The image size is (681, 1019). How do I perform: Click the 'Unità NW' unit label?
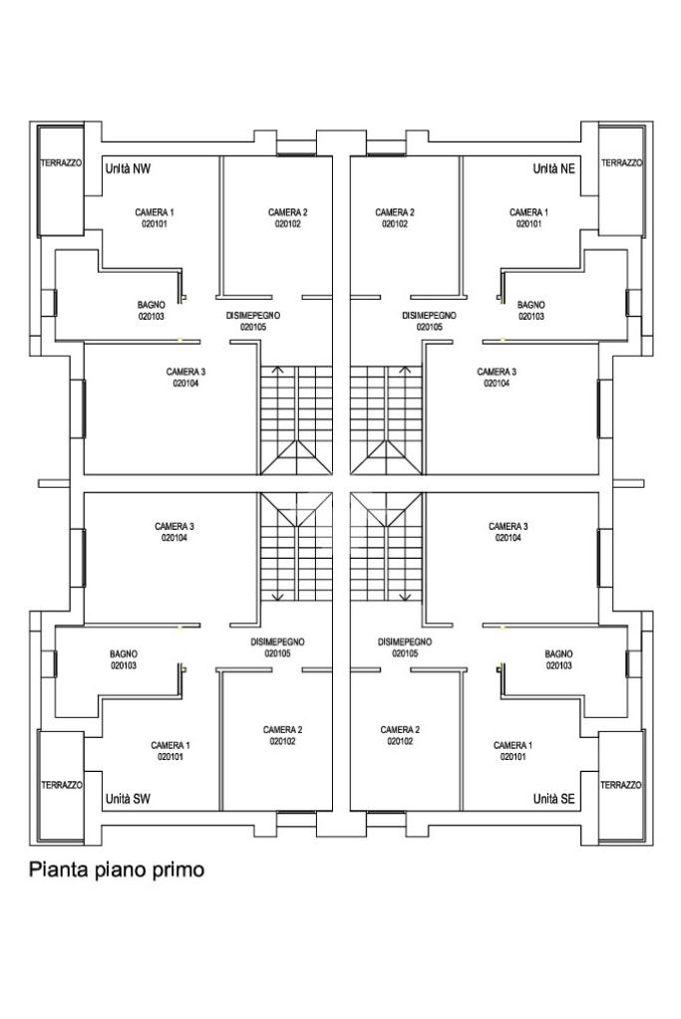(128, 169)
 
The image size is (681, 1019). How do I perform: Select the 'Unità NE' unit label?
(553, 169)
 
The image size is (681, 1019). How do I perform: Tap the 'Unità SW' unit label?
(128, 799)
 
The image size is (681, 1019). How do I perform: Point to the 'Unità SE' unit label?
(553, 799)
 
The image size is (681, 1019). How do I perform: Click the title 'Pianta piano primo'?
(117, 870)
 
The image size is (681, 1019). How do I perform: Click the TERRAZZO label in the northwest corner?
(61, 163)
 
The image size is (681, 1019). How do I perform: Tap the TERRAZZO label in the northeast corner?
(621, 163)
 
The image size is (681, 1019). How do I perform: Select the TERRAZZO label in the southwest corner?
(61, 785)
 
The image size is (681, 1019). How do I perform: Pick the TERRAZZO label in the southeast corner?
(621, 785)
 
